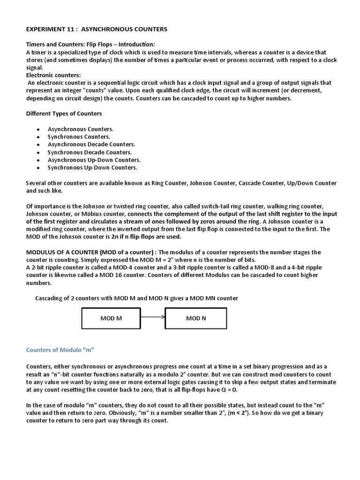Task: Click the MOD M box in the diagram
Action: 111,318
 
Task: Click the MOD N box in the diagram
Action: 196,318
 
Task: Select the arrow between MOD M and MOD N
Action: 153,318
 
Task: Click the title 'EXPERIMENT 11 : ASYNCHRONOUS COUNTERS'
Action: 96,30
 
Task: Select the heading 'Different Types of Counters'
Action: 64,113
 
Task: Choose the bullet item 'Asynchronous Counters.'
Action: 81,129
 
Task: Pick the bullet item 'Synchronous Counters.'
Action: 79,136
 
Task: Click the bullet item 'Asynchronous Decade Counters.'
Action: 91,144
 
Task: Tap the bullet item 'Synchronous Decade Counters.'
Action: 90,152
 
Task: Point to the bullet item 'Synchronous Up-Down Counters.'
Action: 92,167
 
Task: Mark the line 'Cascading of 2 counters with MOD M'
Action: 137,299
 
